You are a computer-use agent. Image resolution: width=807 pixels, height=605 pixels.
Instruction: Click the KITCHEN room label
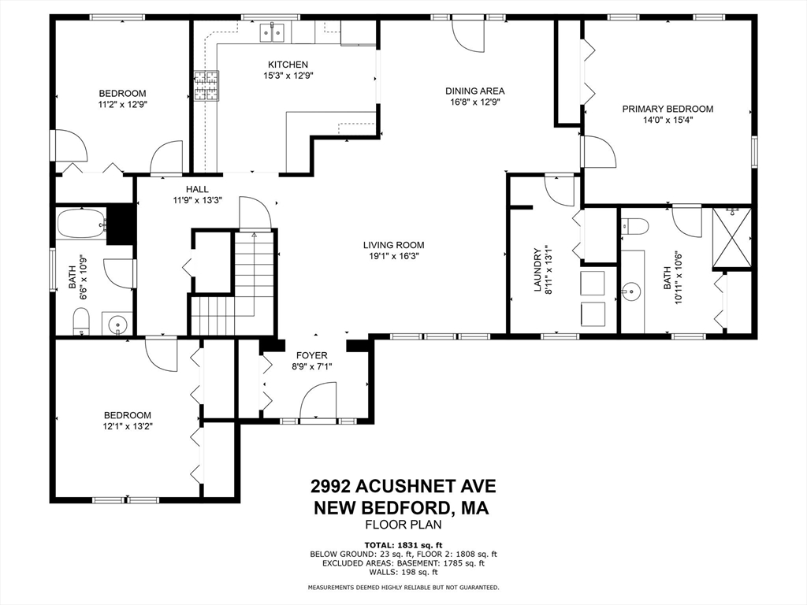click(288, 65)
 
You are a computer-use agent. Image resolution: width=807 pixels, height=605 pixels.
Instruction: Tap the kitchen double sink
click(272, 33)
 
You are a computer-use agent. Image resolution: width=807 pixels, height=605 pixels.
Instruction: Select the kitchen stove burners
click(206, 85)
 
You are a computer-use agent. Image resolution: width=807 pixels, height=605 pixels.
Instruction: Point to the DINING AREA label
click(475, 91)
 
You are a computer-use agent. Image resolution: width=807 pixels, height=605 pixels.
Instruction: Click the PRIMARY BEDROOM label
click(668, 109)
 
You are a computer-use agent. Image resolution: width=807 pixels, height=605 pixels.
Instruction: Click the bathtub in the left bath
click(81, 223)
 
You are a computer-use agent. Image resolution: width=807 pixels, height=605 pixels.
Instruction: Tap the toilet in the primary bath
click(634, 226)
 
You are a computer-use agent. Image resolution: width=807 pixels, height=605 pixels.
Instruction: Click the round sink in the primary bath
click(630, 291)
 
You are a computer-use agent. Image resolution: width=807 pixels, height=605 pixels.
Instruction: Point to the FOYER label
click(312, 355)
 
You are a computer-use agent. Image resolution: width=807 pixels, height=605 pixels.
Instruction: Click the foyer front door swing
click(318, 401)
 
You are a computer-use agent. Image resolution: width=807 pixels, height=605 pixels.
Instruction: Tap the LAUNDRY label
click(537, 270)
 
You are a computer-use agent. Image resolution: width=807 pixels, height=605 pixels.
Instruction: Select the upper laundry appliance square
click(593, 283)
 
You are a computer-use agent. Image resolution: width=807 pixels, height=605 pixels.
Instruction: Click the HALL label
click(198, 189)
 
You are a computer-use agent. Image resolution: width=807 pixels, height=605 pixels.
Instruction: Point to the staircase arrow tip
click(254, 233)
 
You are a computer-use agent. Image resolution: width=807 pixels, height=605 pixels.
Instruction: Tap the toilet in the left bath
click(81, 321)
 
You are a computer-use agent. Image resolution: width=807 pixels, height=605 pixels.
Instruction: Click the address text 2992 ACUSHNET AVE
click(403, 485)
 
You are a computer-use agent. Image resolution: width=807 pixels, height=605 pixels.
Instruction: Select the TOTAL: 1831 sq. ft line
click(403, 545)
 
